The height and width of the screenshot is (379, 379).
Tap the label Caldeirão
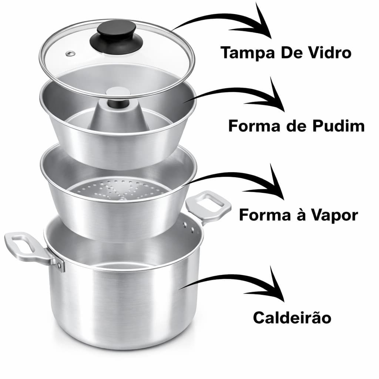point(292,318)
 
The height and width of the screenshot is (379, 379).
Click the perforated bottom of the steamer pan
point(122,189)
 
